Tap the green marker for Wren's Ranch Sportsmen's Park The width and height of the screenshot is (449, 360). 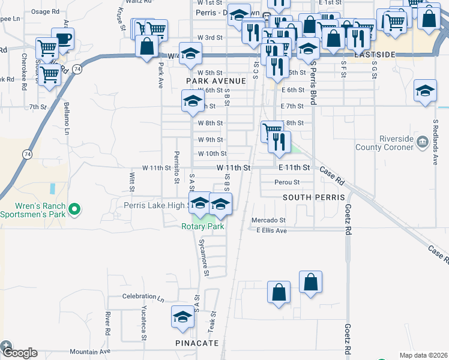coord(74,209)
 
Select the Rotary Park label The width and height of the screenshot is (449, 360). coord(203,226)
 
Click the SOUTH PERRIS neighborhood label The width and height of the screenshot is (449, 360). coord(313,197)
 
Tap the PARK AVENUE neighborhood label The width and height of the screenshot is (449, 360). coord(216,81)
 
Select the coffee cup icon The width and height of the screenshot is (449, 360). coord(62,40)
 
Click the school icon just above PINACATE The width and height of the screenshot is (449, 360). coord(183,317)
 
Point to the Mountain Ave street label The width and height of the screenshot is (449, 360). coord(90,352)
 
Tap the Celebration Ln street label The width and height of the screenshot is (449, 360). coord(143,296)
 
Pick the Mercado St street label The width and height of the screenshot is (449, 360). coord(268,220)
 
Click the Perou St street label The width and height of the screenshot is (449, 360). coord(286,182)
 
